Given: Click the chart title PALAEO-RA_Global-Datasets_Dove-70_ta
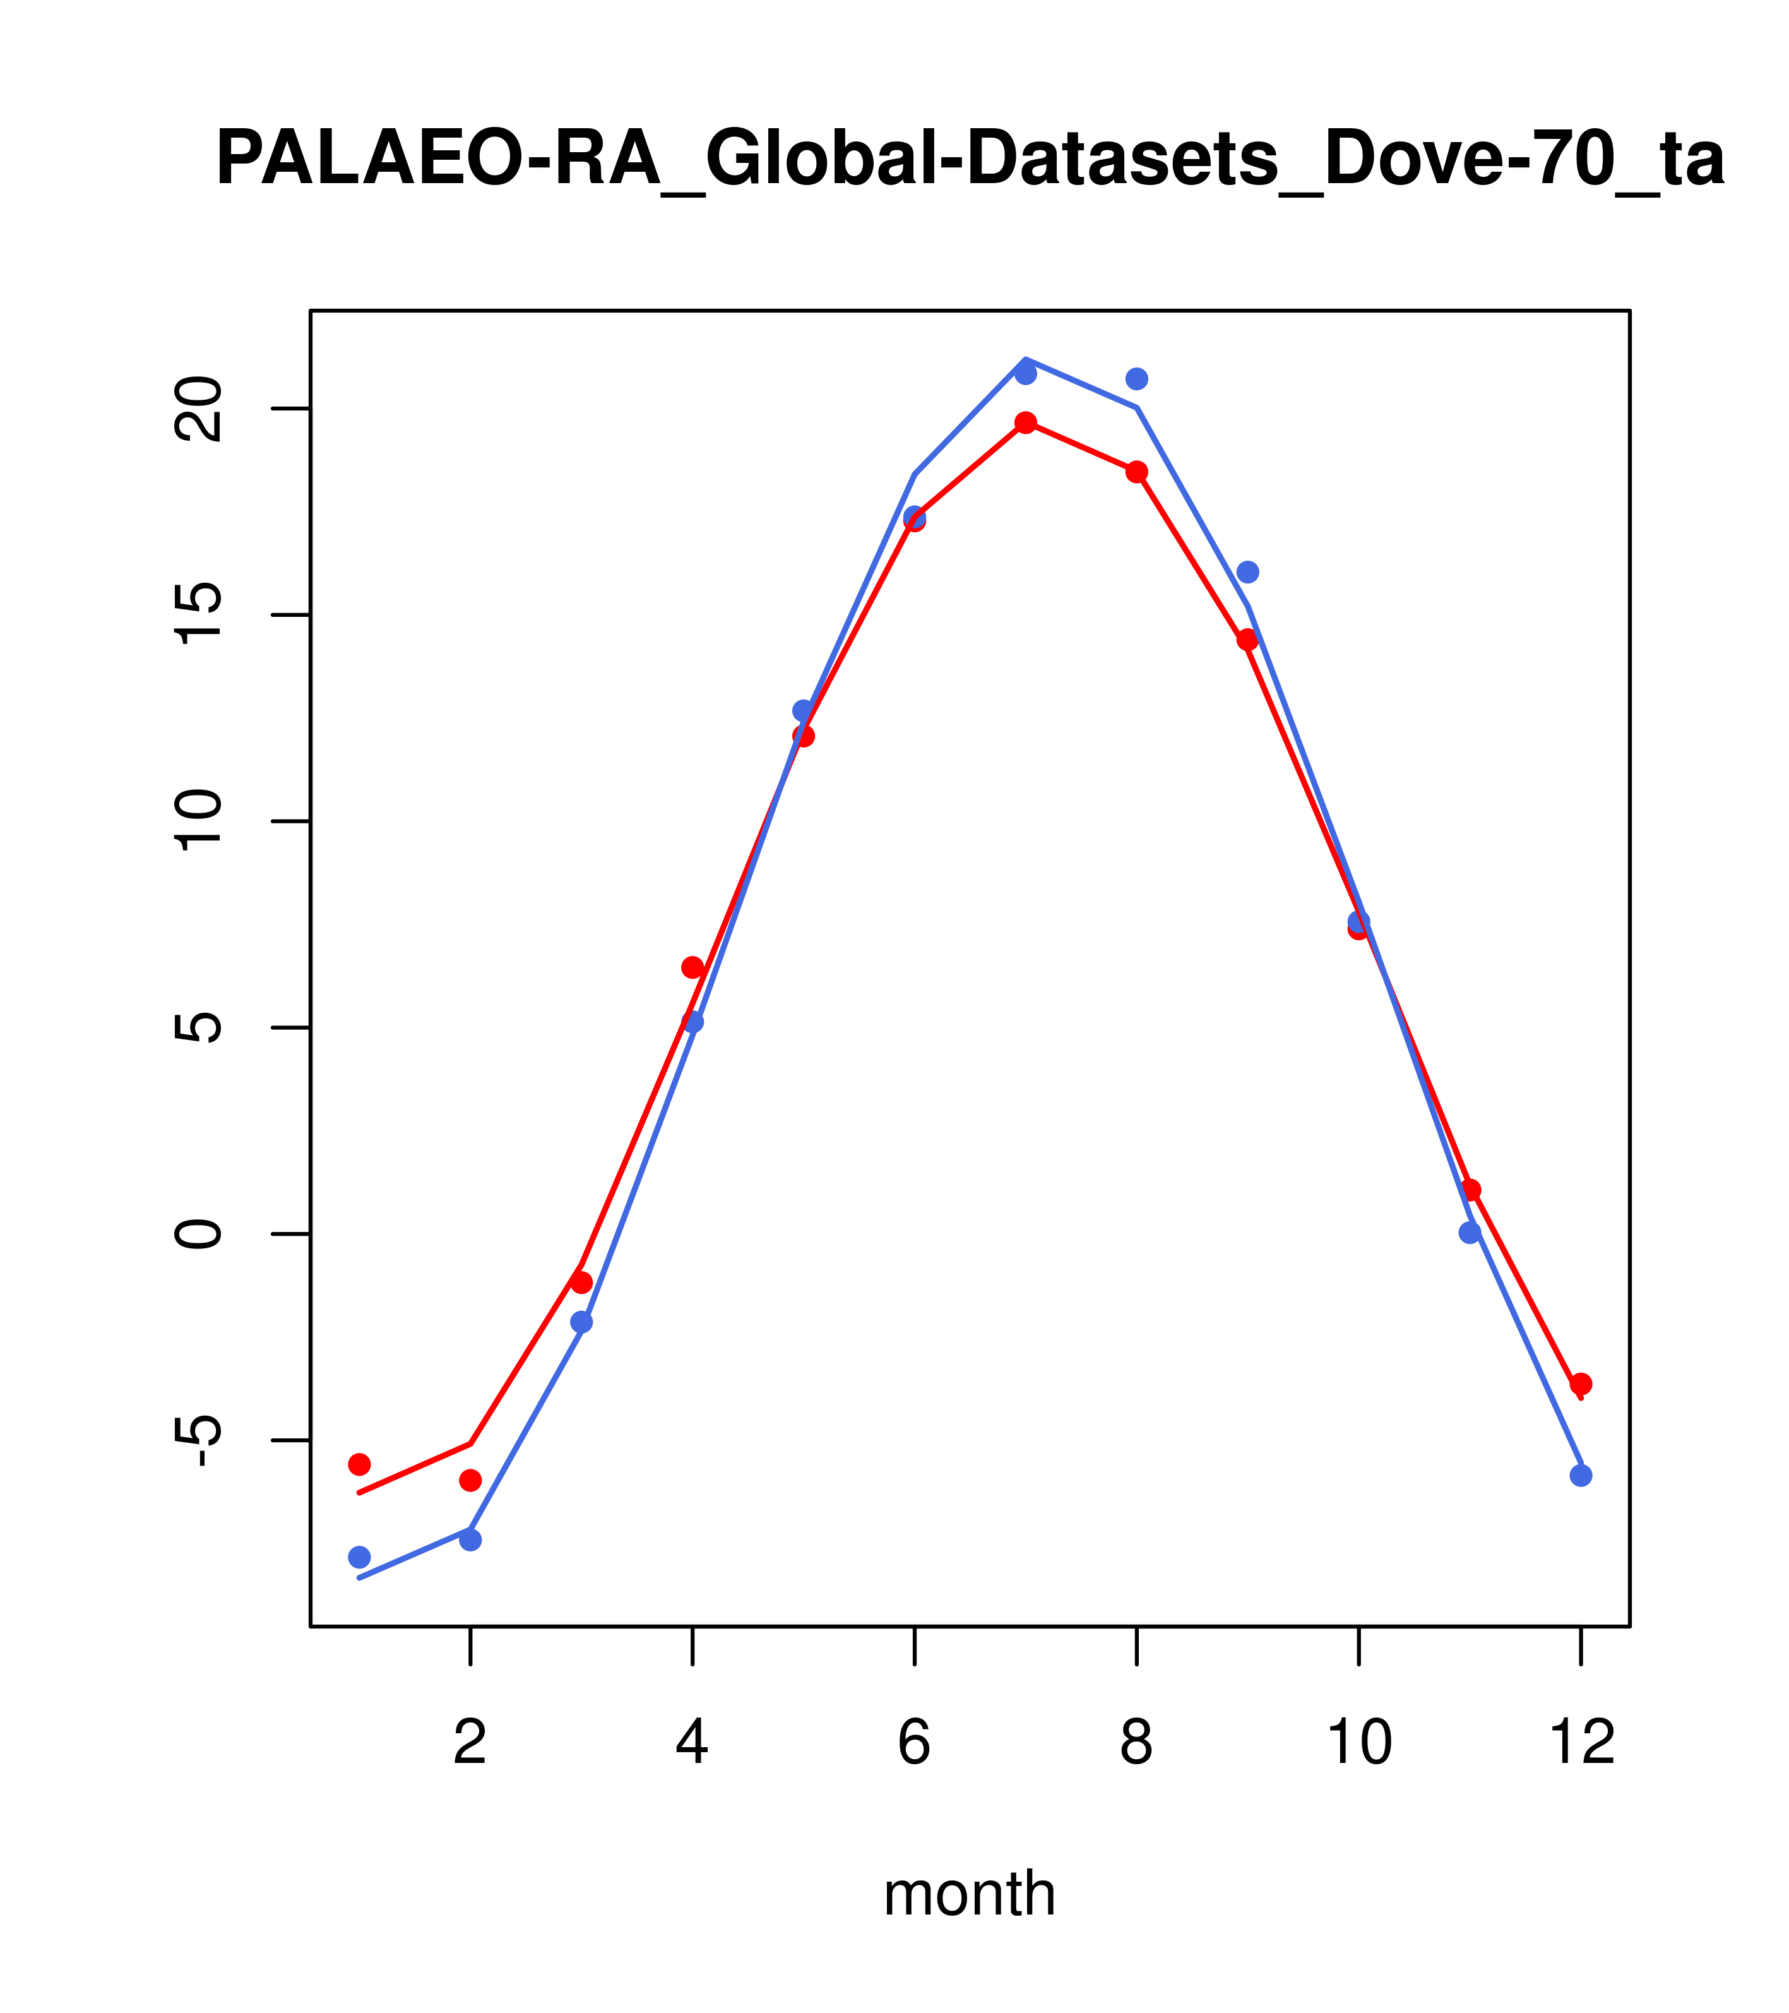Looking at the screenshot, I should coord(970,160).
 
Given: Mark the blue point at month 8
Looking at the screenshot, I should coord(1136,379).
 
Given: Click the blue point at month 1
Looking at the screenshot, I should coord(359,1557).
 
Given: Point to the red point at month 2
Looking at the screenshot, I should coord(471,1480).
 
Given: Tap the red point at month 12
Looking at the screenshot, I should coord(1581,1383).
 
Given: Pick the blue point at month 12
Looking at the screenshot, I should coord(1581,1475).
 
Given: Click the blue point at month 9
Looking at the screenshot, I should coord(1247,572).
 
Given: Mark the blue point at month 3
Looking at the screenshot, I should coord(582,1322).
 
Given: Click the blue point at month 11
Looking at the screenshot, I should coord(1470,1232).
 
